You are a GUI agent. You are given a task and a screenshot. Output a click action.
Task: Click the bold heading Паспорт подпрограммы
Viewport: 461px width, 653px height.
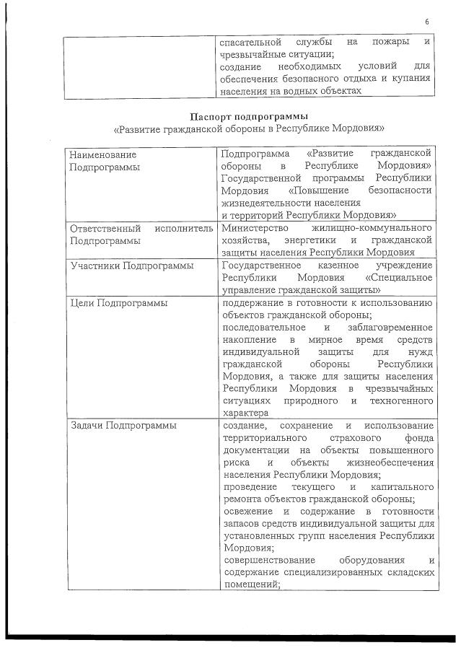point(249,115)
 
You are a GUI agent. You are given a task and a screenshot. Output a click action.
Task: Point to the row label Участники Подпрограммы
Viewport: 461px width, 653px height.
point(131,266)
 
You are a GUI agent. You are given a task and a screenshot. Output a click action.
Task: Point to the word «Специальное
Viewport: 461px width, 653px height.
point(399,278)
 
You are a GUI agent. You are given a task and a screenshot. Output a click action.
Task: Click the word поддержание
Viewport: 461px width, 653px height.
point(256,303)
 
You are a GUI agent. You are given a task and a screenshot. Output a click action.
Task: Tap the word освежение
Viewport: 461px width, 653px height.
point(249,512)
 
